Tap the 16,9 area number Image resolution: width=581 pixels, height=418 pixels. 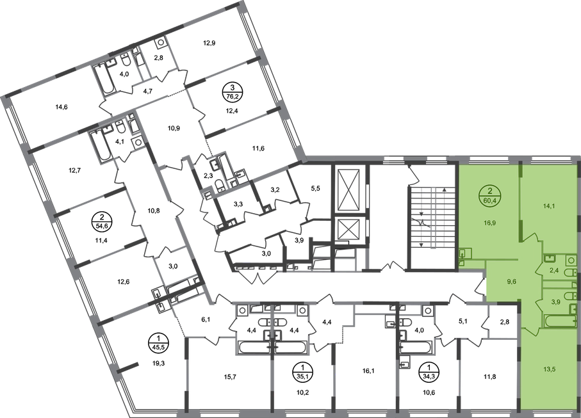(x=490, y=224)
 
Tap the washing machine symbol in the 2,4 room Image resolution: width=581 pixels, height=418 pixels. (x=549, y=259)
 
